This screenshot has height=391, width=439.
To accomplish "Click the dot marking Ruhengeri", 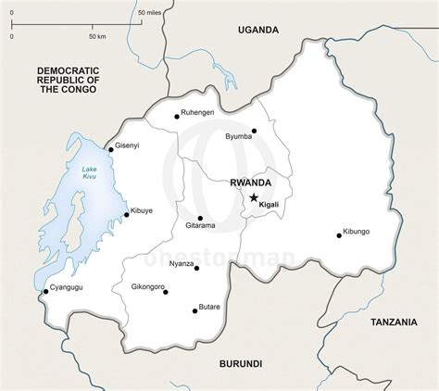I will (x=177, y=116).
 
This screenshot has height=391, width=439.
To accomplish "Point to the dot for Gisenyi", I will (x=111, y=148).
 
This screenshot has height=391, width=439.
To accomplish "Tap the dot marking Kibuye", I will (x=126, y=216).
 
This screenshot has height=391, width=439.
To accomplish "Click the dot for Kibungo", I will (x=338, y=235).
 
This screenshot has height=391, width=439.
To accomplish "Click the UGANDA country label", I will (x=257, y=30).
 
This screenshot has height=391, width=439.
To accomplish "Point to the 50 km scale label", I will (x=98, y=36).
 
